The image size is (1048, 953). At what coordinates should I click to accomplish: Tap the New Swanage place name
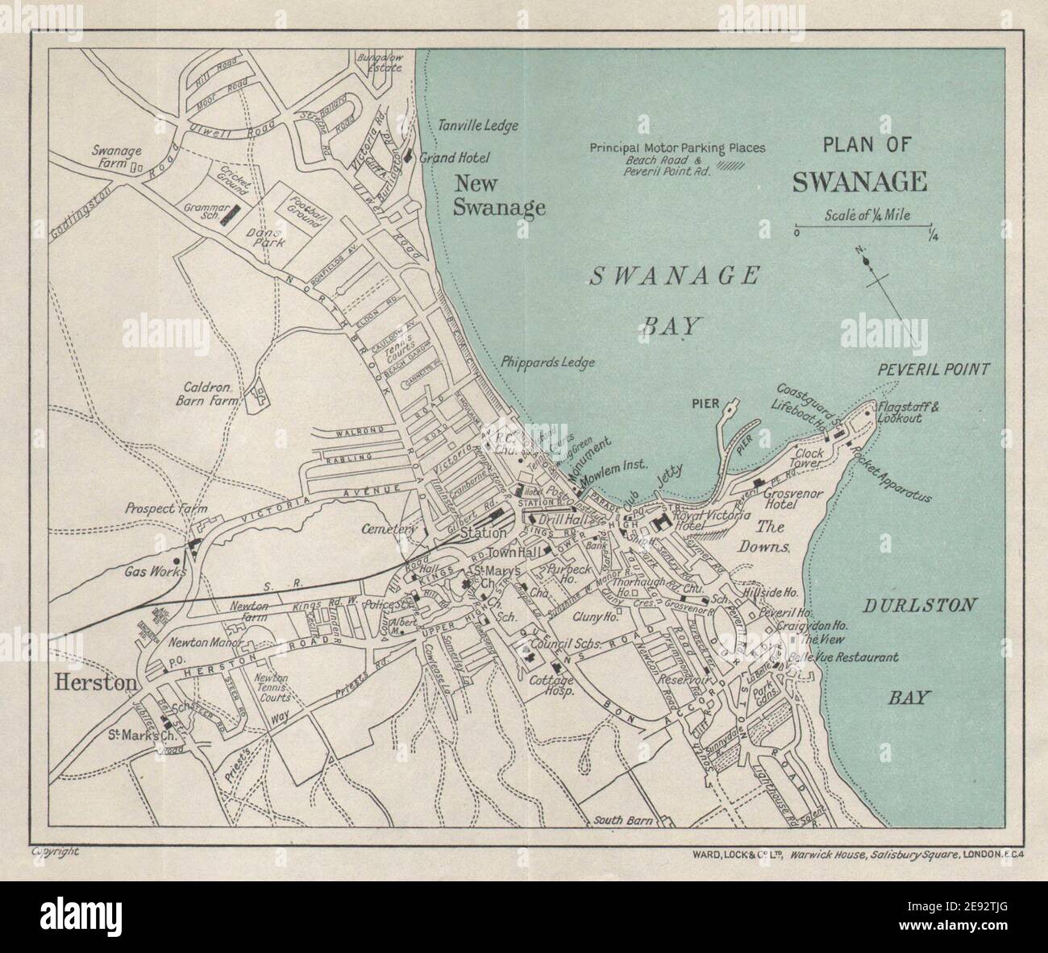click(x=499, y=196)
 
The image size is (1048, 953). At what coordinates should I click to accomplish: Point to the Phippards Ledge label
click(x=547, y=363)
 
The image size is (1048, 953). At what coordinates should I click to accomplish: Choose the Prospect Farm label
click(x=155, y=509)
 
